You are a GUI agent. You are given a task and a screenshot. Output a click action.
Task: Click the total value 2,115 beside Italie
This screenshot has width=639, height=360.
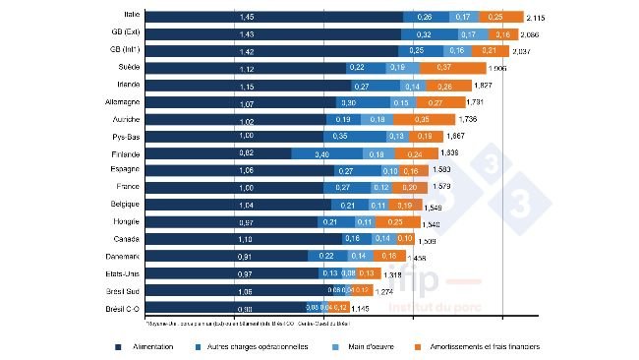click(x=537, y=18)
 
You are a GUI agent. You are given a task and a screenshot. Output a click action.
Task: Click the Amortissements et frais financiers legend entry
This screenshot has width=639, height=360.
click(x=486, y=346)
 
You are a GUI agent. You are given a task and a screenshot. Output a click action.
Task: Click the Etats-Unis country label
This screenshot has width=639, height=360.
click(x=123, y=272)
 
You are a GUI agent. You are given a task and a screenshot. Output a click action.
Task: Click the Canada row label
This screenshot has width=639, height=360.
click(x=126, y=239)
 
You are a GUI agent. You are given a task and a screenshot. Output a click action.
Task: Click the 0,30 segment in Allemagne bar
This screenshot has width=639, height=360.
click(x=345, y=102)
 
